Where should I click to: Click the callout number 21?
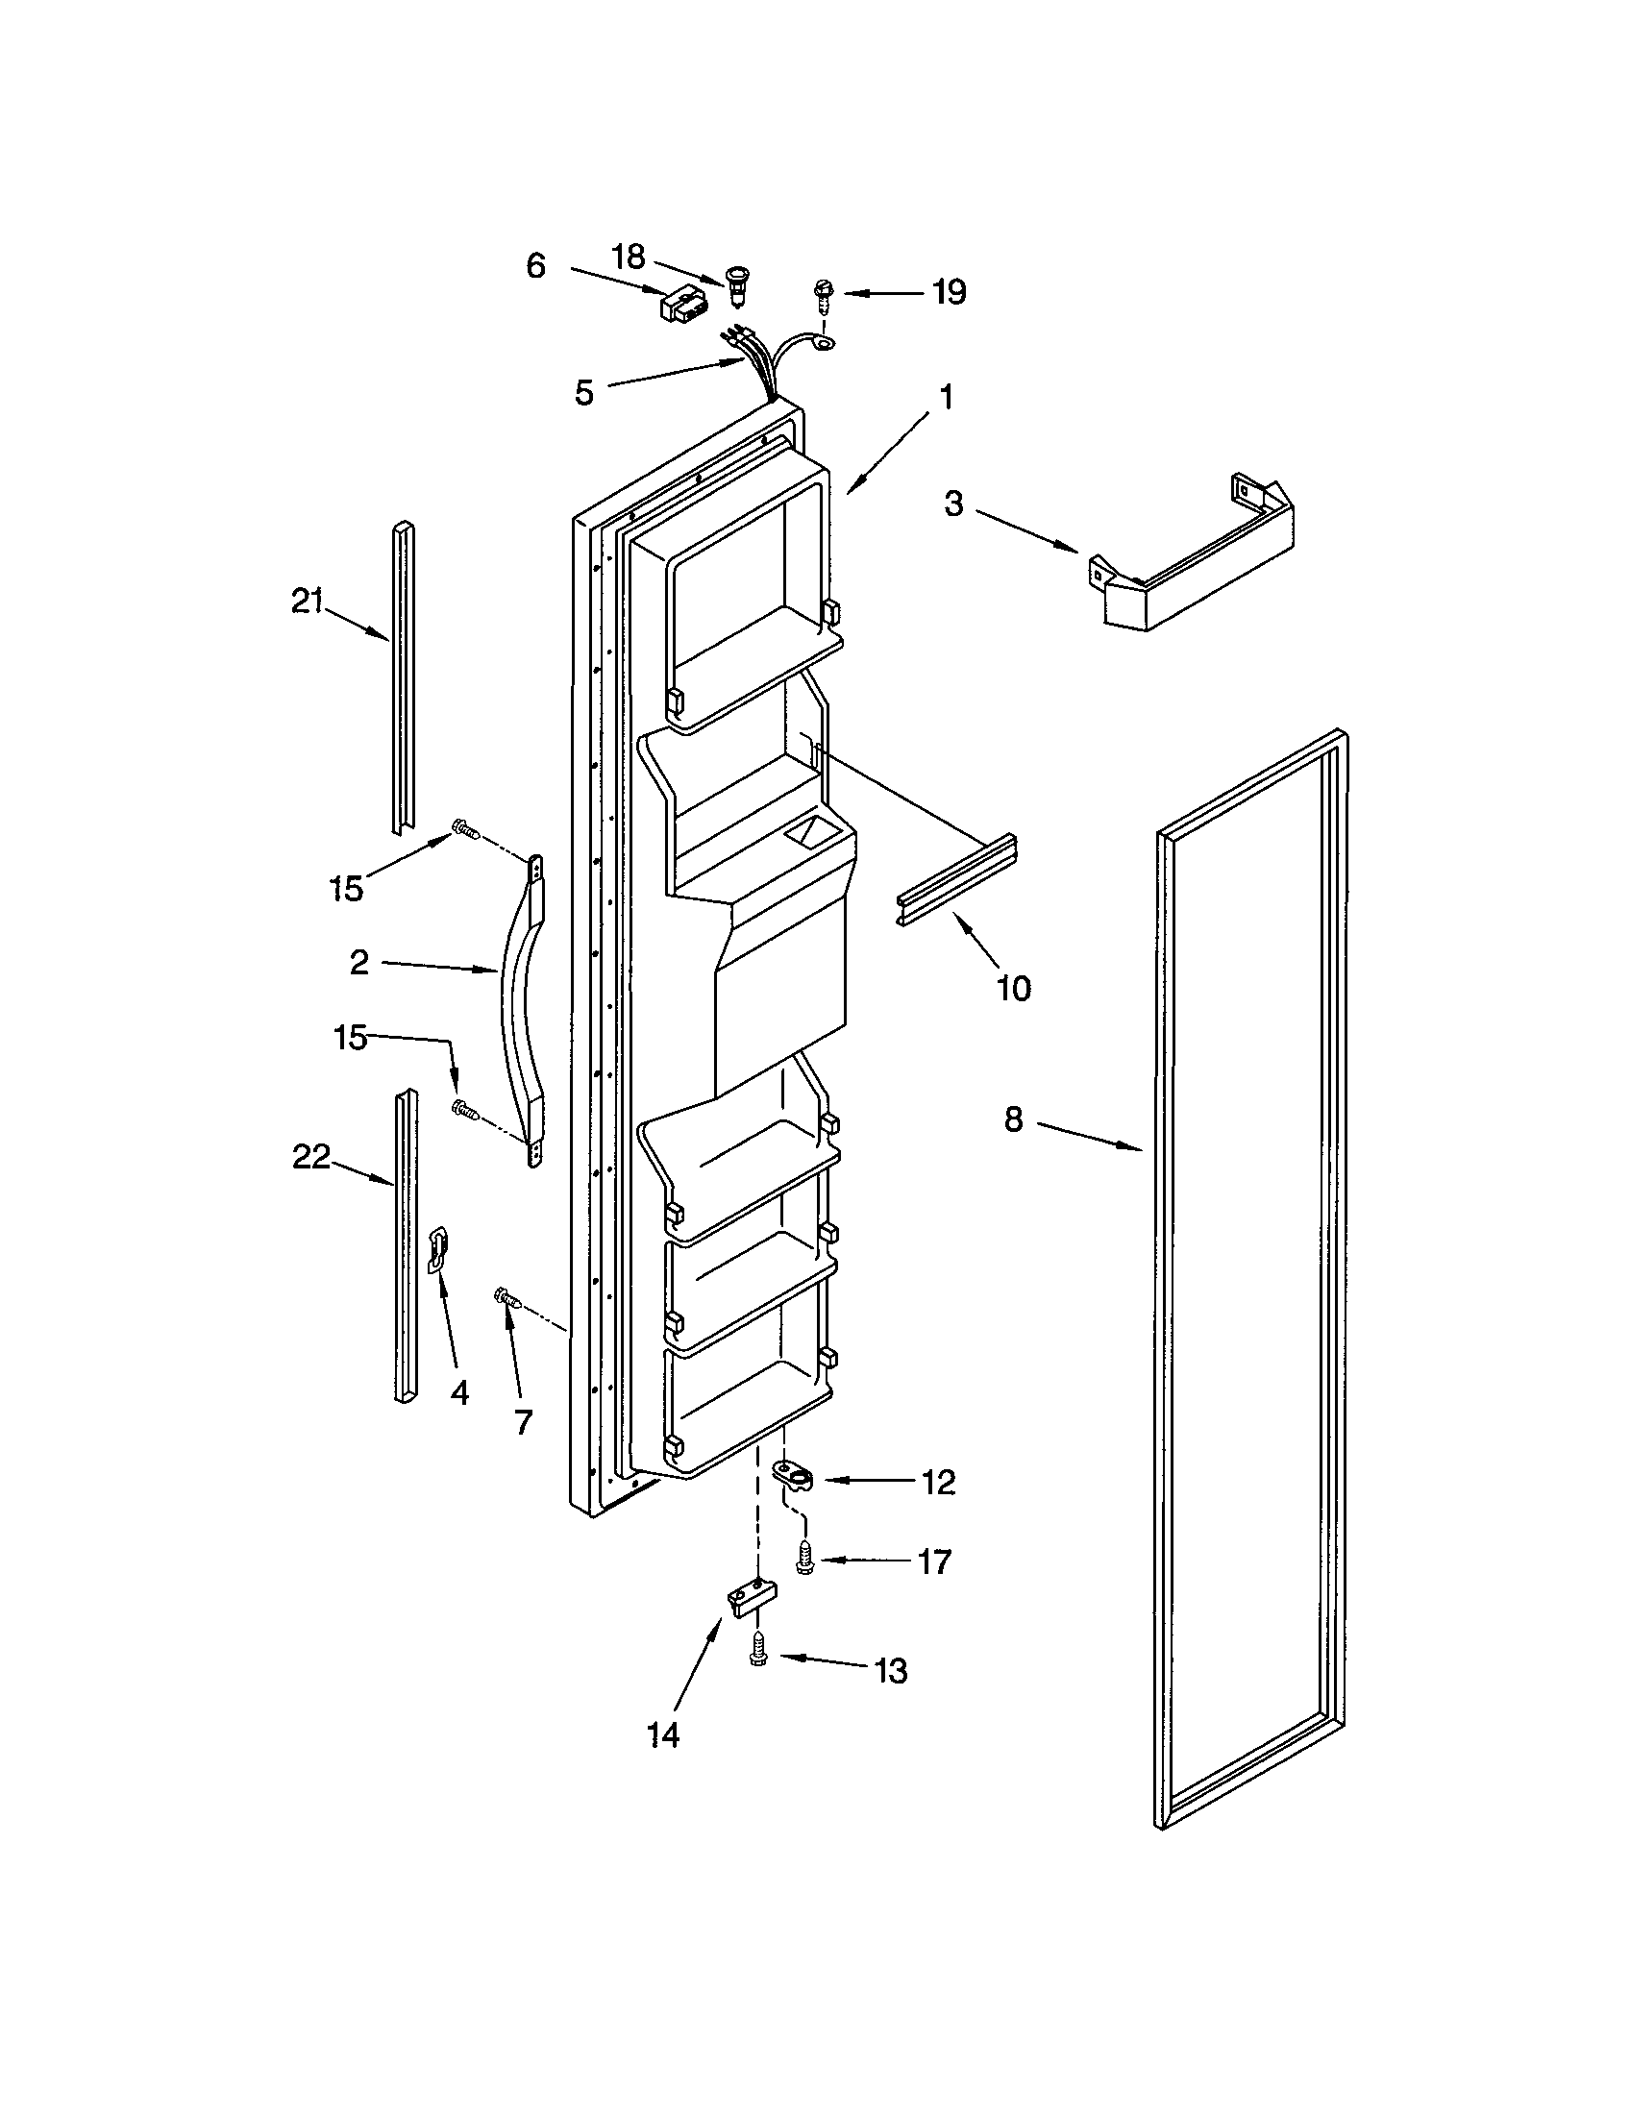pos(307,602)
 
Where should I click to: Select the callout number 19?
pos(949,291)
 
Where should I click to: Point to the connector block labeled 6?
pos(683,307)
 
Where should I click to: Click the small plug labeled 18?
pos(739,287)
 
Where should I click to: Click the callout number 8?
pos(1012,1118)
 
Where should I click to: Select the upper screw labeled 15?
pos(463,829)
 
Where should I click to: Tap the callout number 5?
pos(583,393)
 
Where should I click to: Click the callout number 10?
pos(1013,988)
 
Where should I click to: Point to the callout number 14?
pos(663,1736)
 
